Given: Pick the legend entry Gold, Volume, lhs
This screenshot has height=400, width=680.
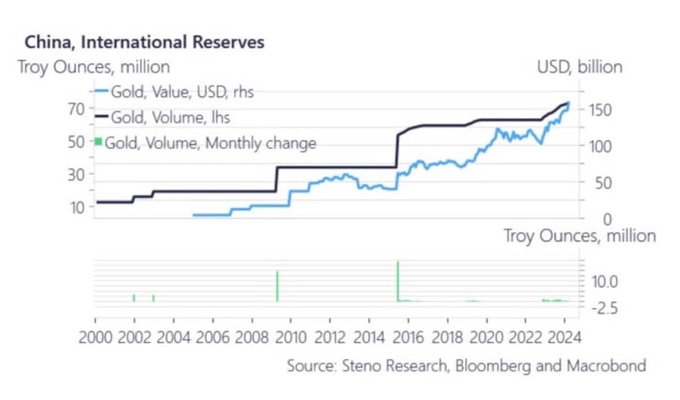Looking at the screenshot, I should [171, 117].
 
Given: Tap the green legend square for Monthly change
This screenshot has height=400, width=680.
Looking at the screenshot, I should [99, 142].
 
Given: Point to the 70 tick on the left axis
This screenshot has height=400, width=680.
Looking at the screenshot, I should [76, 109].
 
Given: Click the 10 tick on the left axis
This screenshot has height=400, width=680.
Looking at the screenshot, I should [76, 207].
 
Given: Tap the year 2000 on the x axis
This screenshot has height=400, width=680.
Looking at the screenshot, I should [95, 336].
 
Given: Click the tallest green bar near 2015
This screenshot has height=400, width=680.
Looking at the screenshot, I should [398, 281].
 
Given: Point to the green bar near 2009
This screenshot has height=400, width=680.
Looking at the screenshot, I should [277, 286].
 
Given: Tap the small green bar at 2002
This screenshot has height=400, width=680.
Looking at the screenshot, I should [134, 298].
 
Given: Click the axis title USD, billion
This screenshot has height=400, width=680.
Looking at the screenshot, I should [579, 68].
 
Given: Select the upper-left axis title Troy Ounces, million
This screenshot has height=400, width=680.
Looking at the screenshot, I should [94, 68].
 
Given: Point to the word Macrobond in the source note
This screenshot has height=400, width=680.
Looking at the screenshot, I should [606, 366].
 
